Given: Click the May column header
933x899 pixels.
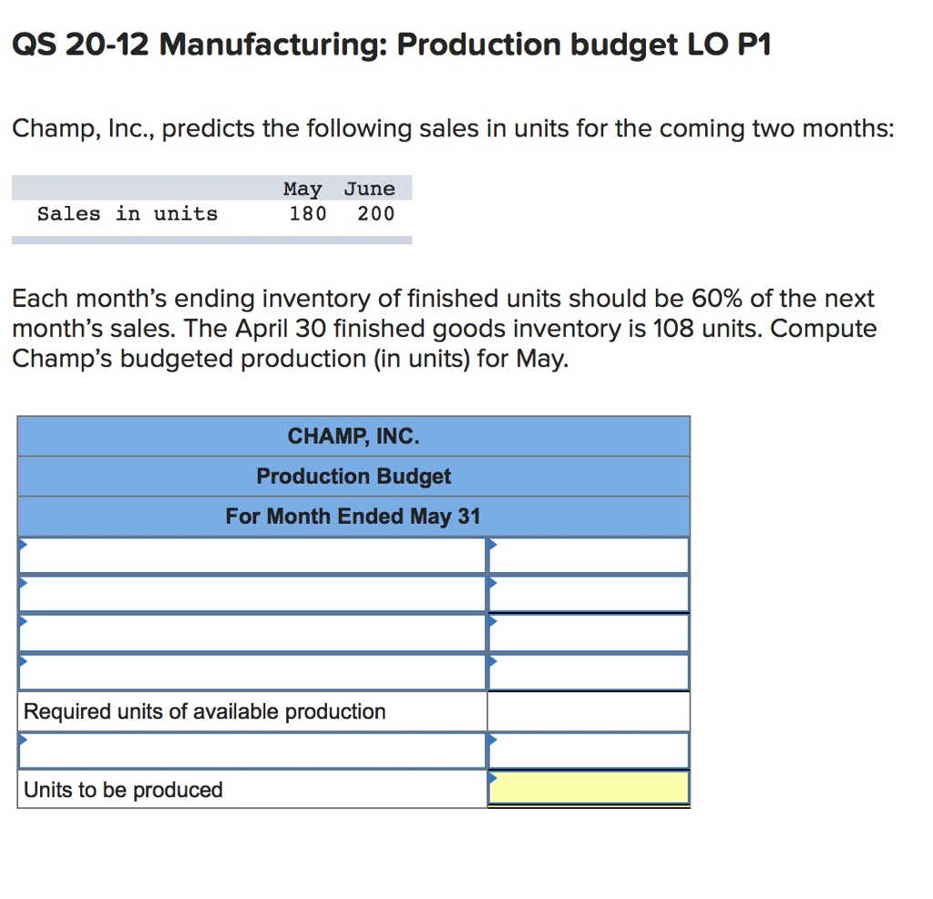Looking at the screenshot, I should click(302, 189).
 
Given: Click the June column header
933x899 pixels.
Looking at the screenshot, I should click(369, 189).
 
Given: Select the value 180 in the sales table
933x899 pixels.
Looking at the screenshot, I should click(307, 214).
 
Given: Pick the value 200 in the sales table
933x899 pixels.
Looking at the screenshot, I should click(375, 214).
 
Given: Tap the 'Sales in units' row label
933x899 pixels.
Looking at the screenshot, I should click(128, 214).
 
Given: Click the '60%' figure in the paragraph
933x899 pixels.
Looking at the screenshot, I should click(720, 299).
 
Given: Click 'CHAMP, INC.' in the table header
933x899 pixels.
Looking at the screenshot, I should click(354, 436).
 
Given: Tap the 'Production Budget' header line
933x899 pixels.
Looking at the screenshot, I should click(354, 476).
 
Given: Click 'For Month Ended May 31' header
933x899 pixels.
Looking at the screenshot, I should click(354, 516).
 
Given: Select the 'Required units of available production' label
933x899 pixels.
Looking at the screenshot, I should click(205, 711).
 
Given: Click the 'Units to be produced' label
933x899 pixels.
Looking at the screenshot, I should click(123, 790).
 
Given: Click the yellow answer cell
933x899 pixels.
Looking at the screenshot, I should click(589, 789).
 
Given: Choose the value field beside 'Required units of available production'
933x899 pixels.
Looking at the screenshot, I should click(589, 711).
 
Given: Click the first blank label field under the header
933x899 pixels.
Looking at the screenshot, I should click(252, 556).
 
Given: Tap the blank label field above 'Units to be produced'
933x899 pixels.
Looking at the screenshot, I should click(252, 751).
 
